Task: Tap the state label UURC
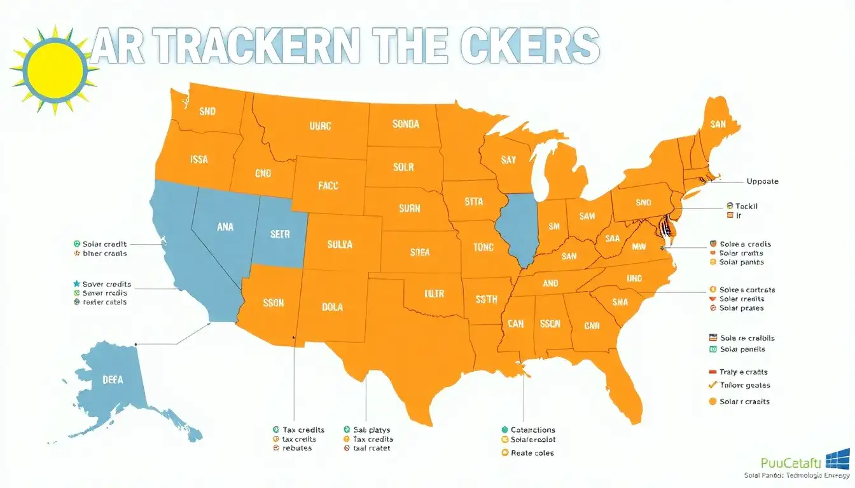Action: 320,126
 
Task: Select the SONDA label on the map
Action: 405,124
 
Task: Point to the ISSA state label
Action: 198,160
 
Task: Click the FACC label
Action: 328,186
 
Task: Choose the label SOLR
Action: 403,167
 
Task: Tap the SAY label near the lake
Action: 508,160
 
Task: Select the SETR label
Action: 280,234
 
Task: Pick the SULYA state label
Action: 340,244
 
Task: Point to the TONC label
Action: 483,247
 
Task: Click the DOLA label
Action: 332,307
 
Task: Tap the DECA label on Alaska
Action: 113,379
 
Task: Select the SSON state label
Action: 273,303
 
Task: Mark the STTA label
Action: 473,202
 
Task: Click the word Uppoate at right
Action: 761,181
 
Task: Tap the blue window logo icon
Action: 837,459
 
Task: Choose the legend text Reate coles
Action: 532,453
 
